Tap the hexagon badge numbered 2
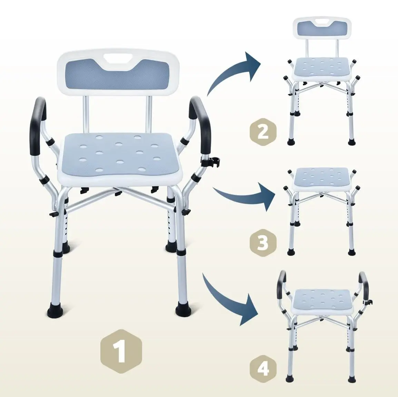point(263,132)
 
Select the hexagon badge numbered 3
point(263,242)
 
